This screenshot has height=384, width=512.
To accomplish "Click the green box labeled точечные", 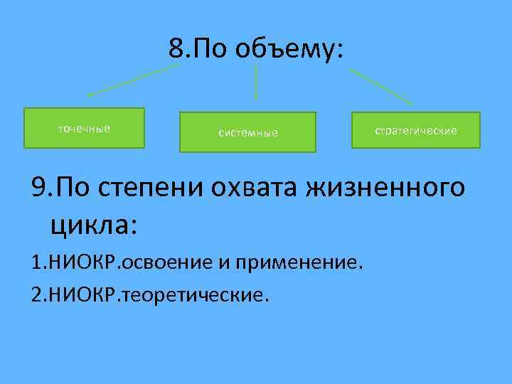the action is click(x=84, y=128).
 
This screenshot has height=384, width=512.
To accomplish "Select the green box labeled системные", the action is click(x=247, y=132).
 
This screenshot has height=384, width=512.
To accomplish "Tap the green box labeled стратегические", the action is click(x=416, y=130).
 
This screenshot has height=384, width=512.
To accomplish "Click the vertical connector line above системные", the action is click(x=256, y=82).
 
